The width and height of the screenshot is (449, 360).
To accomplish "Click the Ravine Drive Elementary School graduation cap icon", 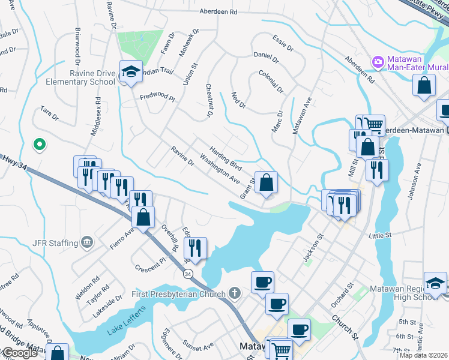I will tap(131, 71).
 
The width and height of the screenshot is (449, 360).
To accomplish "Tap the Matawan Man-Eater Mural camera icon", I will tap(378, 61).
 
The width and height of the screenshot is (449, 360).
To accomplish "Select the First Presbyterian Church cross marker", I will tap(235, 294).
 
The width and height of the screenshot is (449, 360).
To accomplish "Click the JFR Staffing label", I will tap(55, 243).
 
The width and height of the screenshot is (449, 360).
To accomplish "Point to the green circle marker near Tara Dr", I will tap(40, 144).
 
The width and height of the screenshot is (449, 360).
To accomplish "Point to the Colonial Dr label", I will tap(271, 81).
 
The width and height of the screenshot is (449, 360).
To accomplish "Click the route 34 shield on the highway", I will tap(188, 274).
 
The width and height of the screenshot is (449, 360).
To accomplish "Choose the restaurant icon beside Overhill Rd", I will tap(195, 247).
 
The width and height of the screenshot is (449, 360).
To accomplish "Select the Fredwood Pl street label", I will tap(157, 97).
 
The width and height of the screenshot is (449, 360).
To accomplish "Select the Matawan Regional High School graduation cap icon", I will tap(435, 283).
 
